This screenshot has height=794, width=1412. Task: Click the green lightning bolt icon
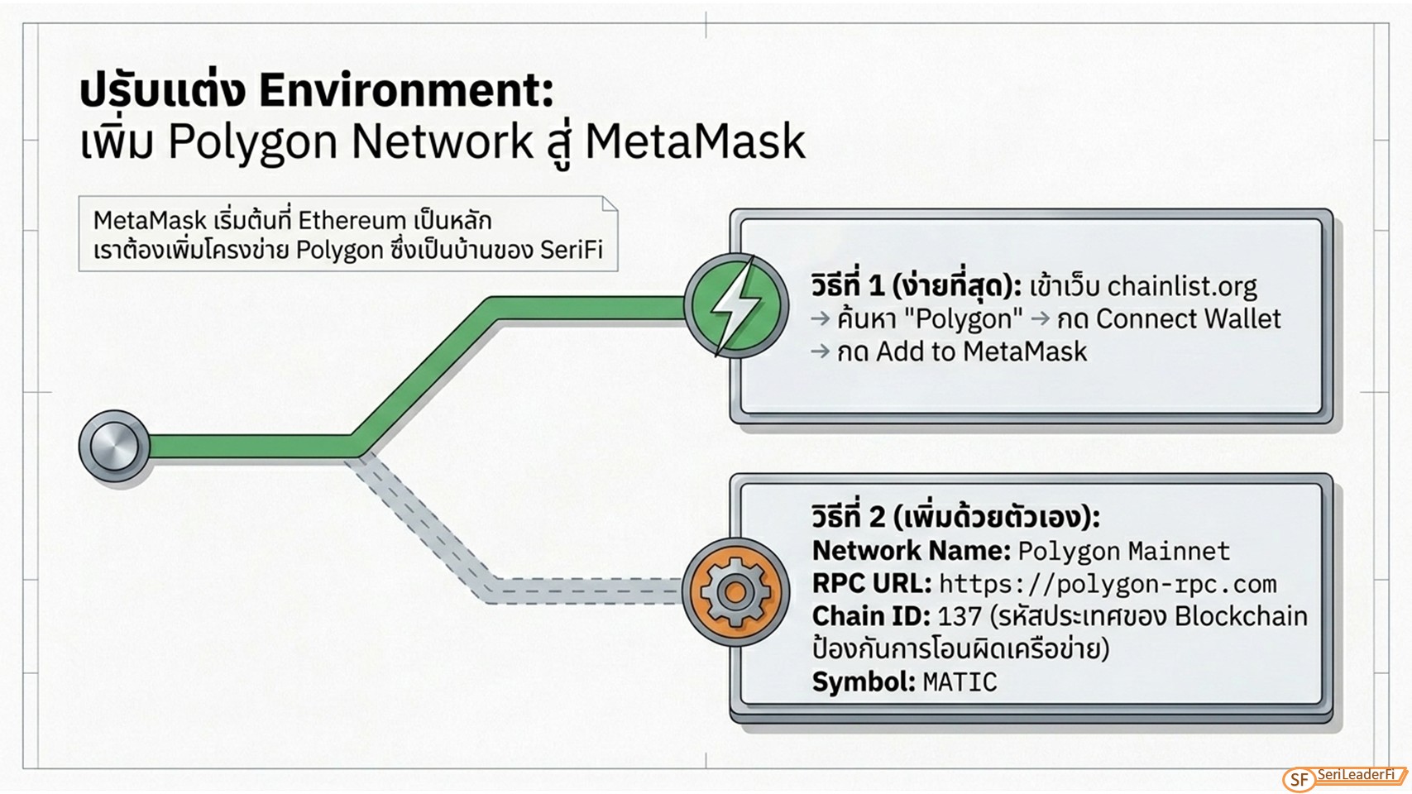736,306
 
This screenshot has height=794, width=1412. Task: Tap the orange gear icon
735,591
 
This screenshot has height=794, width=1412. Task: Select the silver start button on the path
114,446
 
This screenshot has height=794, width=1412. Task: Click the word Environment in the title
406,90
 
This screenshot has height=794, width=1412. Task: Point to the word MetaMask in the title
696,141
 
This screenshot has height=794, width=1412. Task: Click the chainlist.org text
1182,287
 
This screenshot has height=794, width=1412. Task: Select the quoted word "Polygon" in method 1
963,319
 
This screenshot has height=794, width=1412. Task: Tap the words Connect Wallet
1188,319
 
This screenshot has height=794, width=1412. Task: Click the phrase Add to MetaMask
982,352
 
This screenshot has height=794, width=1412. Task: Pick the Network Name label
912,551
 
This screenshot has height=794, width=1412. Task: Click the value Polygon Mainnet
1124,552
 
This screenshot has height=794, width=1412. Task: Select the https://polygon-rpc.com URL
1108,584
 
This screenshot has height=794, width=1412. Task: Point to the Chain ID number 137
960,616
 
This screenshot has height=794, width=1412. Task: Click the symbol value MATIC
960,682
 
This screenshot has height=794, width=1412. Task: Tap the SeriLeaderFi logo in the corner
1344,778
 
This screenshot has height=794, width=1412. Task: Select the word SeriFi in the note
571,250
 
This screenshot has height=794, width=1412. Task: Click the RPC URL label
872,584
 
